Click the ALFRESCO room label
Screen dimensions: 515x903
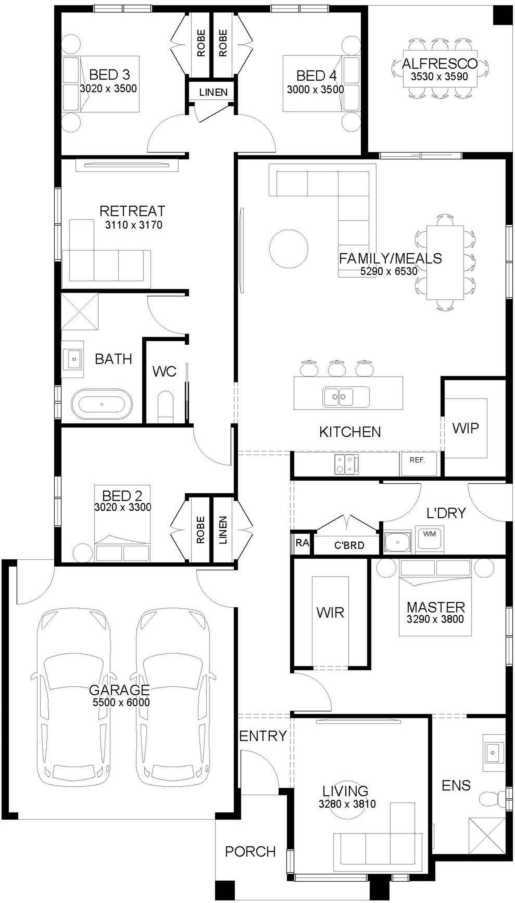click(x=440, y=64)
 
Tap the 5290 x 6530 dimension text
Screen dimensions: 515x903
click(x=389, y=271)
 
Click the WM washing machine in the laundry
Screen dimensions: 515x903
click(x=430, y=539)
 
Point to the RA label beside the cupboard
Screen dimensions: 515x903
click(x=302, y=543)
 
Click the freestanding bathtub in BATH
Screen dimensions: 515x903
click(x=102, y=404)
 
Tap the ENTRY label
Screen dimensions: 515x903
click(x=263, y=726)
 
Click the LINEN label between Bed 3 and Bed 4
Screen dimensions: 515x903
click(x=213, y=92)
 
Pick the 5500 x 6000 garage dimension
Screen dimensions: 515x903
click(x=121, y=702)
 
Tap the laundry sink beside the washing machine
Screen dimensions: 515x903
click(x=398, y=542)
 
